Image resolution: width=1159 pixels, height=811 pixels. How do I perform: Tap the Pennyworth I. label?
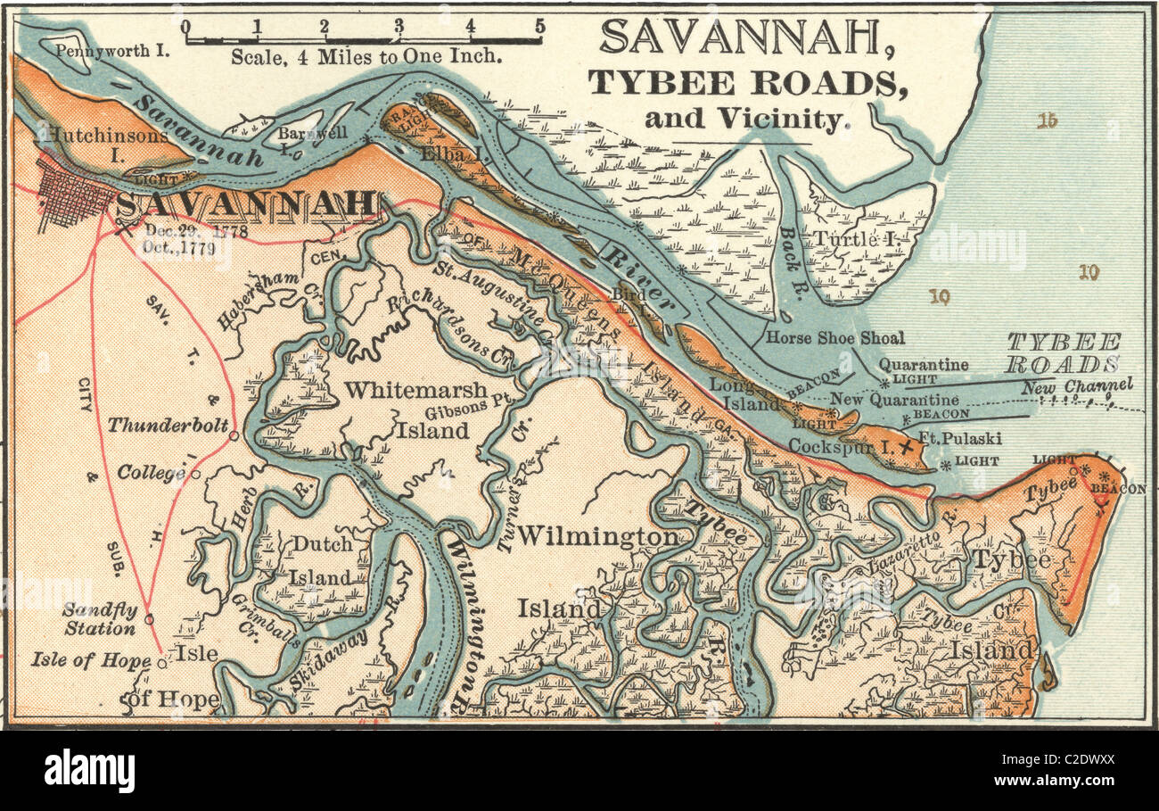point(111,50)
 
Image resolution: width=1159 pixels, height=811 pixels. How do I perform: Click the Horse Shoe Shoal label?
point(835,338)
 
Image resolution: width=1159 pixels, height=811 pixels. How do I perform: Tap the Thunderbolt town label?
point(168,426)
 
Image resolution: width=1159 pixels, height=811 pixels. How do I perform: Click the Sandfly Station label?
point(99,619)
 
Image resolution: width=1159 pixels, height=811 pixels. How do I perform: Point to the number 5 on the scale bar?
point(539,26)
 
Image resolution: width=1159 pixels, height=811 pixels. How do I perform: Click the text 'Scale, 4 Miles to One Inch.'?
point(366,55)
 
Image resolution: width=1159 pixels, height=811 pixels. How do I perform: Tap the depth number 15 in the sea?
point(1047,120)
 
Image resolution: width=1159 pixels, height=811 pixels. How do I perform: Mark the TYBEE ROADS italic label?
point(1064,353)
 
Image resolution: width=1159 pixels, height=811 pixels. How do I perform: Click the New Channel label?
point(1077,386)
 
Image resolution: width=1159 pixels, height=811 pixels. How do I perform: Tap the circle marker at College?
point(195,474)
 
